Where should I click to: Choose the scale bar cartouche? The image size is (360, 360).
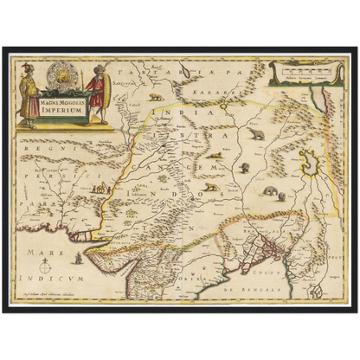299,74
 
